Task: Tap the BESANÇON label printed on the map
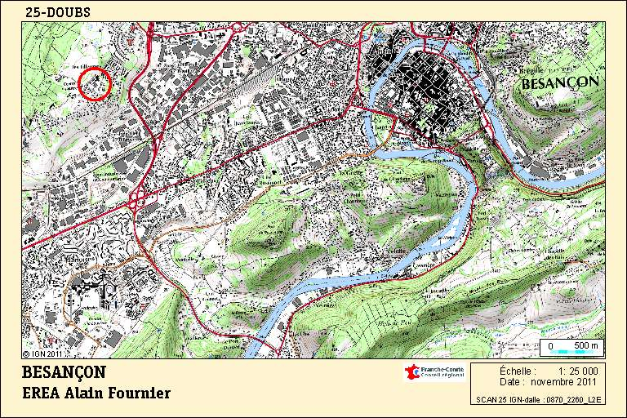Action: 560,82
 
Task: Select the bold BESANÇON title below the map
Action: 64,371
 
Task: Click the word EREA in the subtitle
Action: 43,394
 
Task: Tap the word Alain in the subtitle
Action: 92,394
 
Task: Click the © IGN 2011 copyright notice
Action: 42,354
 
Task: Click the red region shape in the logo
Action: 412,373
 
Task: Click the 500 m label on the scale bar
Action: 586,346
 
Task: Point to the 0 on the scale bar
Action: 550,346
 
